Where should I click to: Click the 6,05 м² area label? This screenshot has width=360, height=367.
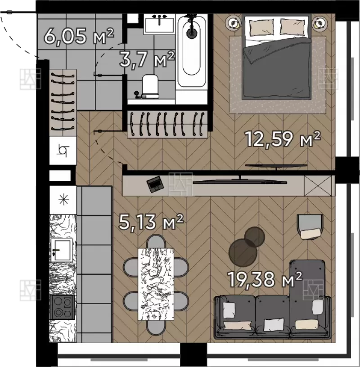79,36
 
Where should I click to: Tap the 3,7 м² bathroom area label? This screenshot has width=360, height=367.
147,60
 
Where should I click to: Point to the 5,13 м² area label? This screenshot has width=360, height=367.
151,222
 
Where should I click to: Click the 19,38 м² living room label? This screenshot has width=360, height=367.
265,279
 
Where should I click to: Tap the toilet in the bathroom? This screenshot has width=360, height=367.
150,86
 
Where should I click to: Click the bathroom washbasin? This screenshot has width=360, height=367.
159,24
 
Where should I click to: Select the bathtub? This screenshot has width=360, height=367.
192,50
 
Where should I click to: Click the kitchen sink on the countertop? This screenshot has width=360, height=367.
61,251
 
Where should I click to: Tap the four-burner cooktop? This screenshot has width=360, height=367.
62,307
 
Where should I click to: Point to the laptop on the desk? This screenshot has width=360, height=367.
155,184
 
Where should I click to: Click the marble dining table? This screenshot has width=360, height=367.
156,284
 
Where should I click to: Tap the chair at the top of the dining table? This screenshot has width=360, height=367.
156,242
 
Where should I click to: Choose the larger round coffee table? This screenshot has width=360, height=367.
243,253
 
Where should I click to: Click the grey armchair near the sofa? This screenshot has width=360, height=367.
310,227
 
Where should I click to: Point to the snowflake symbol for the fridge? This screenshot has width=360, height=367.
63,200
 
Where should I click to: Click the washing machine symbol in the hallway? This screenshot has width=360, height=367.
63,151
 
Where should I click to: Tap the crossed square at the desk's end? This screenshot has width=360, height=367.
318,186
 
